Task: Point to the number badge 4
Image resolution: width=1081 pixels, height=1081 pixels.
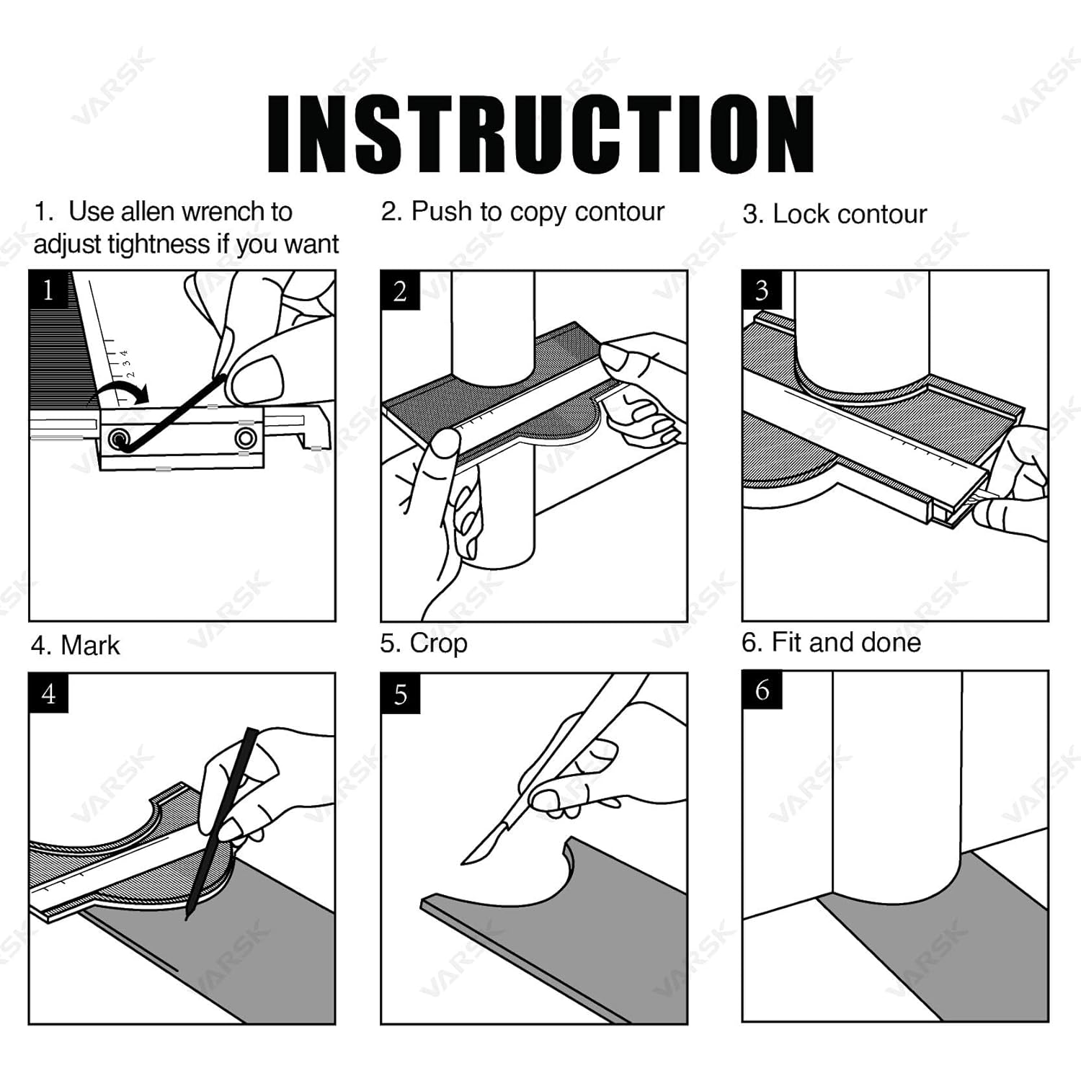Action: click(49, 693)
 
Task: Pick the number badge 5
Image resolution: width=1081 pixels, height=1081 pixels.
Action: click(401, 693)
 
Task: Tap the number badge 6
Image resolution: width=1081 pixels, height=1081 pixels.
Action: click(762, 690)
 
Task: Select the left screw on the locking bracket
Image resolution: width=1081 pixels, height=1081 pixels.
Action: click(119, 438)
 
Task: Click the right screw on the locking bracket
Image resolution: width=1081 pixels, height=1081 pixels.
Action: click(246, 437)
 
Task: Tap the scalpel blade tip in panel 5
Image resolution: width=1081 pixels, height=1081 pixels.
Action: click(463, 862)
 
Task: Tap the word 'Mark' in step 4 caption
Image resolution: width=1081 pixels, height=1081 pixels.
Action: click(90, 645)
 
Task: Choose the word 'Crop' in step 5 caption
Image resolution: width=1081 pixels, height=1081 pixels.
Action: click(438, 644)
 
